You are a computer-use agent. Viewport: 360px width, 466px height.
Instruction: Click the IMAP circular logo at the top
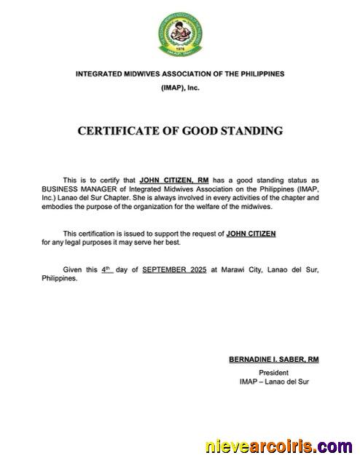(x=181, y=33)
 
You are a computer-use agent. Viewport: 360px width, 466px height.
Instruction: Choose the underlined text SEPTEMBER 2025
(x=175, y=269)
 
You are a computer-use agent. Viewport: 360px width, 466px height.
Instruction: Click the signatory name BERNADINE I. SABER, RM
(x=274, y=360)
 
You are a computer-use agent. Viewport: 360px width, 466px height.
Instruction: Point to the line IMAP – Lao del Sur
(x=274, y=381)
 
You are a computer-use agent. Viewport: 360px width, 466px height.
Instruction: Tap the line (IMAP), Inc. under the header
(x=180, y=87)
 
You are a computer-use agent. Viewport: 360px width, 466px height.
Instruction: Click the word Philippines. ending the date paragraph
(x=60, y=278)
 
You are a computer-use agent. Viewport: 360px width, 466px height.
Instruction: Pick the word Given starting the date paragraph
(x=72, y=269)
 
